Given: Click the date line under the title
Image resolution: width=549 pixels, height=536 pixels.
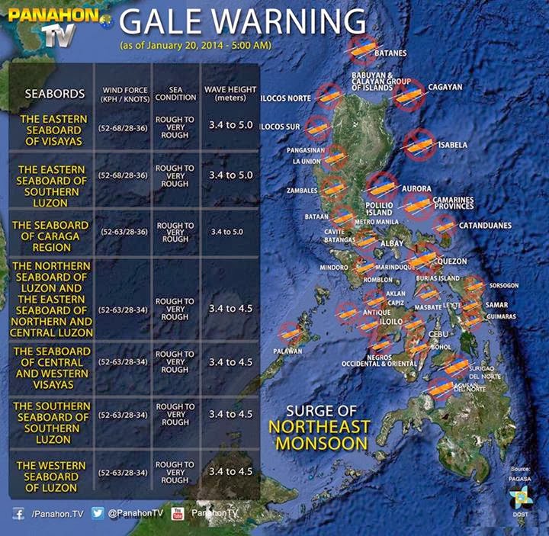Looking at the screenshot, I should [196, 46].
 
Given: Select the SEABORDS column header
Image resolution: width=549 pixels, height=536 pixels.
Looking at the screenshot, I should [54, 94].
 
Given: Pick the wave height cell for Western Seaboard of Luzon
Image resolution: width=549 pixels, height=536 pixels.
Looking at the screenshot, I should [230, 472].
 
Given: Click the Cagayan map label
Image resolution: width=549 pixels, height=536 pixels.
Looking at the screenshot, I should [445, 87].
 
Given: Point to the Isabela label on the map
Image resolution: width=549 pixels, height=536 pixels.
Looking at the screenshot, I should [453, 144].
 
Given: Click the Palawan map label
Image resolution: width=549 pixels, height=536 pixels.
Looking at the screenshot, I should [288, 351].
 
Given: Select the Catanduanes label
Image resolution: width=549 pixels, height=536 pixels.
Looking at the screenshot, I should [484, 226].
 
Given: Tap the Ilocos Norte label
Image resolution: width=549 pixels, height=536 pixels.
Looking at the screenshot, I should [287, 99].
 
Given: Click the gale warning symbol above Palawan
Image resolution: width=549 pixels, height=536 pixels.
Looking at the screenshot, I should [291, 333].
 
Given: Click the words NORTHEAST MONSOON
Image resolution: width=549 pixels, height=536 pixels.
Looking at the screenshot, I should [323, 435].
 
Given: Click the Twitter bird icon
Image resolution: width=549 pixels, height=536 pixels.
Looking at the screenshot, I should [98, 514].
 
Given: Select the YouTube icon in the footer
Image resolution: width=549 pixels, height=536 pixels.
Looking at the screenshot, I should [178, 514].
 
